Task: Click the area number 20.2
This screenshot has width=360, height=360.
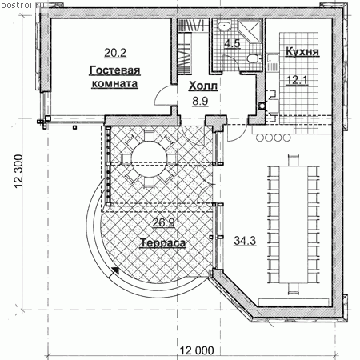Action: point(115,53)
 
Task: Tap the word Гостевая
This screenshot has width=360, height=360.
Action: point(114,70)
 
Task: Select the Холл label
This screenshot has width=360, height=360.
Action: point(203,86)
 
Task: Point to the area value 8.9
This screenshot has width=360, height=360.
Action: point(200,101)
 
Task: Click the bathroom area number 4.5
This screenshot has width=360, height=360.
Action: point(232,43)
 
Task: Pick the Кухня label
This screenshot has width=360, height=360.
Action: point(302,51)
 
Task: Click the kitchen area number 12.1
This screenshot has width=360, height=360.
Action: point(297,80)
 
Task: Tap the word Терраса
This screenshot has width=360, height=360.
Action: point(162,242)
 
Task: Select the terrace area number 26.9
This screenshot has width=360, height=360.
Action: point(163,222)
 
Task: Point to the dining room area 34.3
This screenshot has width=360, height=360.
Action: point(245,241)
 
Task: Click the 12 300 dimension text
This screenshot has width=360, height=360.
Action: point(18,171)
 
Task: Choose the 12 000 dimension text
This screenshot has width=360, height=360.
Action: point(197,350)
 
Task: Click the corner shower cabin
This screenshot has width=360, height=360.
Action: point(249,32)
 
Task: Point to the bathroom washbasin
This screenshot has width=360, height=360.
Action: point(225,26)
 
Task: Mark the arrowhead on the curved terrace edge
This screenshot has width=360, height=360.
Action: point(115,270)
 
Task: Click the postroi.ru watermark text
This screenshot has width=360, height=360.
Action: point(18,5)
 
